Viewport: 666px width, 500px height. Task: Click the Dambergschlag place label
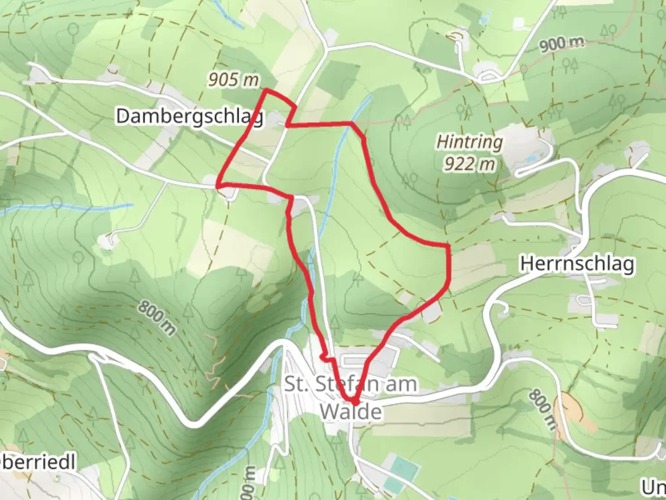pyautogui.click(x=190, y=116)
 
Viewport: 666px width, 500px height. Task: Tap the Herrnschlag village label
pyautogui.click(x=577, y=264)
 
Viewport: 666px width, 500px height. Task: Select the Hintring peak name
pyautogui.click(x=469, y=142)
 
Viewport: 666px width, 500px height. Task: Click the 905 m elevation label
pyautogui.click(x=233, y=80)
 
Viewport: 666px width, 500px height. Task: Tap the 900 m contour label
pyautogui.click(x=561, y=44)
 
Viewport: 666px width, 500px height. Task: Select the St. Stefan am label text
pyautogui.click(x=350, y=384)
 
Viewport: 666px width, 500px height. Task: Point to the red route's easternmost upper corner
pyautogui.click(x=448, y=245)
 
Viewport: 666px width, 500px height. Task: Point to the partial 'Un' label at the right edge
pyautogui.click(x=653, y=487)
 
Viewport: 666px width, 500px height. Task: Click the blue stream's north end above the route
pyautogui.click(x=370, y=97)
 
